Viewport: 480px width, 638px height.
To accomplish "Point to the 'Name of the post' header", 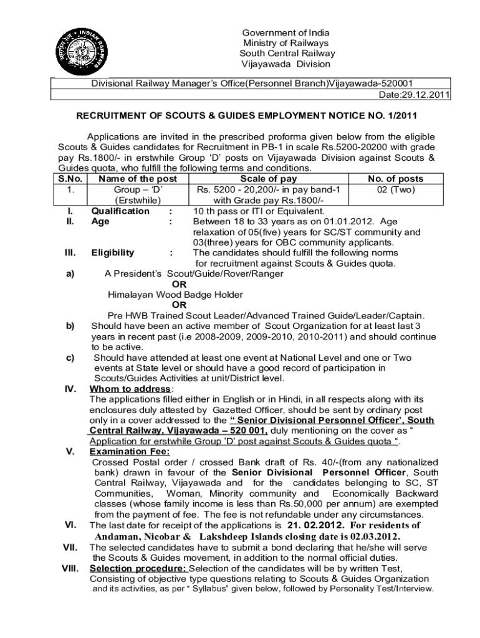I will pos(138,179).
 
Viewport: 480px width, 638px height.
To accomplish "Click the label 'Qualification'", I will pos(120,211).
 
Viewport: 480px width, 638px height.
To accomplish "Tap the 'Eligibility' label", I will pos(112,252).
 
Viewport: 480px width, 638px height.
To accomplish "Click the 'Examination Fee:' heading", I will pos(130,452).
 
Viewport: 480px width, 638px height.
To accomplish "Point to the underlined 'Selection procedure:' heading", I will pos(138,568).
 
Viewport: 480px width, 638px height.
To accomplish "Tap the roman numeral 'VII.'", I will pos(70,547).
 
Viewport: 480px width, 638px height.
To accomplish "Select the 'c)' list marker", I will pos(70,358).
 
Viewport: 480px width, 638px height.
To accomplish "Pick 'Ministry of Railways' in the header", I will pos(284,43).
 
